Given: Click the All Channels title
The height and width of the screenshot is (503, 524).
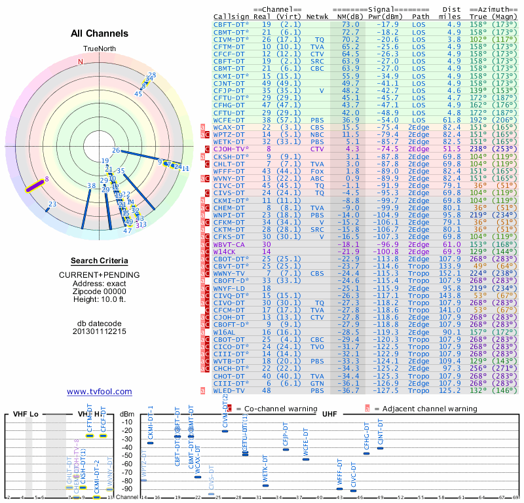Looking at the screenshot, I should point(100,33).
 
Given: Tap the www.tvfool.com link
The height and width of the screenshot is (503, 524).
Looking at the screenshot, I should point(100,392).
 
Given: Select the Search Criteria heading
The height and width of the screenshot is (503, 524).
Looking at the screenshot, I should point(100,261).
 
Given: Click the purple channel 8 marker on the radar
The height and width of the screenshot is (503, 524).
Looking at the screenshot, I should point(37,185).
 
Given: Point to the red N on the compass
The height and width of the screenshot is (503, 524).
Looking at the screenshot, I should point(81,62).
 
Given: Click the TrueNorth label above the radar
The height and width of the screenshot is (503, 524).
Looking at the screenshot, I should point(99,49).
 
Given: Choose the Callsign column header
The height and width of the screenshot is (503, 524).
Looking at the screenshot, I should point(229,16).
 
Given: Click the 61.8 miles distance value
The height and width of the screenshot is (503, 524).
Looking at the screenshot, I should point(454,121).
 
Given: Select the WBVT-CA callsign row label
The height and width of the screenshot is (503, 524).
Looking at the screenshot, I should point(229,244).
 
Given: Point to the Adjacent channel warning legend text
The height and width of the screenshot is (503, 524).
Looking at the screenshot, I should point(426,409).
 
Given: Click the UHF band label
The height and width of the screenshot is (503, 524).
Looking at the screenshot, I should point(329,415).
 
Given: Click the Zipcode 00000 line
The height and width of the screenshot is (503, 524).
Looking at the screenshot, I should point(100,291).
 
